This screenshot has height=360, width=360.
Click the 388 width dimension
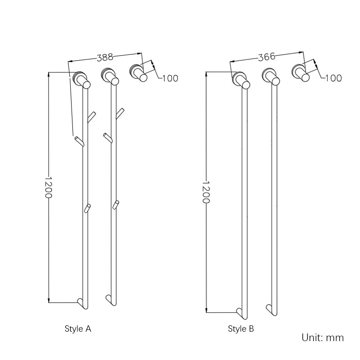pos(105,57)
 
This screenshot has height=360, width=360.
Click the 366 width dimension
pos(266,57)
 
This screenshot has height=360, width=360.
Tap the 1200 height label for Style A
pos(49,187)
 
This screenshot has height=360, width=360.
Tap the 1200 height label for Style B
pos(206,192)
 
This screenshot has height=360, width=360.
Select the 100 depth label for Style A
pos(170,78)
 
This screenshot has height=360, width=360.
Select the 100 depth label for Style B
pos(333,78)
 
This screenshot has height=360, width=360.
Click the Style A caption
pos(78,329)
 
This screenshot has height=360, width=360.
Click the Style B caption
pos(241,329)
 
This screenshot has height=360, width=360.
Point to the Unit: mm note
pos(323,337)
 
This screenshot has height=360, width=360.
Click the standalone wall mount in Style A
pos(138,72)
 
